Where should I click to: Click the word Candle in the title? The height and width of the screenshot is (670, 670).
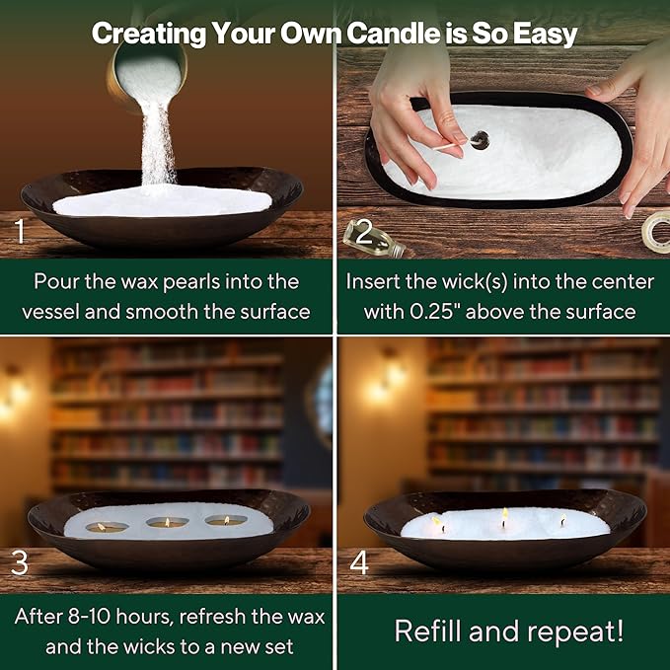tap(393, 34)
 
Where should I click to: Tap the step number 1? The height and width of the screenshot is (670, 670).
tap(20, 231)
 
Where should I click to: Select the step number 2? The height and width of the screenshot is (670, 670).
tap(364, 232)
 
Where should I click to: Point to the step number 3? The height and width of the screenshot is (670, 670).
tap(20, 563)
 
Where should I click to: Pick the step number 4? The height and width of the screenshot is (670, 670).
tap(359, 563)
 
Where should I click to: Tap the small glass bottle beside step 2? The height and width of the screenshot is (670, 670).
tap(375, 240)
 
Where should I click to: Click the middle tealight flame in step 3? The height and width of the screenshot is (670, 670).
tap(167, 522)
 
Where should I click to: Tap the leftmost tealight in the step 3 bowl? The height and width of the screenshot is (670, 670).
tap(107, 527)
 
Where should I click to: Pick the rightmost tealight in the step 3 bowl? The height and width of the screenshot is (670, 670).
tap(226, 520)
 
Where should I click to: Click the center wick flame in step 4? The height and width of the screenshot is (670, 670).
tap(505, 514)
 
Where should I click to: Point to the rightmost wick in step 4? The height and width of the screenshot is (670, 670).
tap(563, 520)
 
